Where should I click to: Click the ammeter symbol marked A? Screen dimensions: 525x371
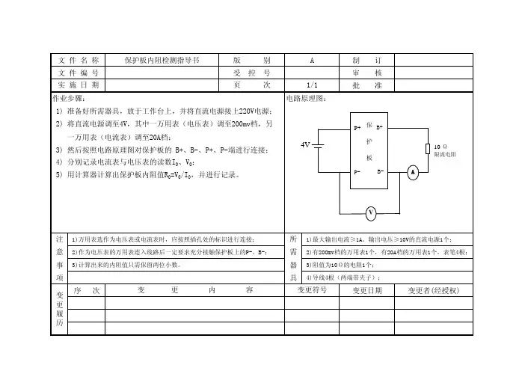(413, 173)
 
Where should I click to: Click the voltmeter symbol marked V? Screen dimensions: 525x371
(371, 213)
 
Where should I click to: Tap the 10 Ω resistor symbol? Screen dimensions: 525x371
(428, 149)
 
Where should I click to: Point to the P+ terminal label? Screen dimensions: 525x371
(357, 128)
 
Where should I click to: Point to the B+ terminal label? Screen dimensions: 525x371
(379, 127)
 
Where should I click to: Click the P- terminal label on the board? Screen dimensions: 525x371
(357, 172)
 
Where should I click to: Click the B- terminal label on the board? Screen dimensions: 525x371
(381, 171)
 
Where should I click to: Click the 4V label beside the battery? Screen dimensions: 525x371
(305, 145)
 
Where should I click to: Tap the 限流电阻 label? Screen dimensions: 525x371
(445, 154)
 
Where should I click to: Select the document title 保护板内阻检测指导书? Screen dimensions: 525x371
(162, 61)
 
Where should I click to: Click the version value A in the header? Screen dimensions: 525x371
(312, 61)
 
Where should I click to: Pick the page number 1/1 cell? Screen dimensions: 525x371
(312, 85)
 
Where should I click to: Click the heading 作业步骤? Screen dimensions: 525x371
(69, 99)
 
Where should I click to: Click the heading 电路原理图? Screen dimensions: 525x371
(306, 99)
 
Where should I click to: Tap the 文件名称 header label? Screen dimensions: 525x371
(79, 61)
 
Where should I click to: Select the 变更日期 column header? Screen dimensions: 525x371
(367, 290)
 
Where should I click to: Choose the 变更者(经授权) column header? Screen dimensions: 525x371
(434, 290)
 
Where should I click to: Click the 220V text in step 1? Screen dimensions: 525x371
(247, 111)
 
